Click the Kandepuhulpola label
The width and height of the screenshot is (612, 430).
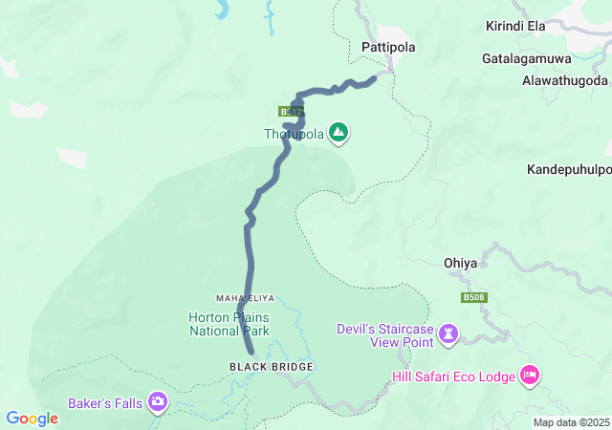point(569,170)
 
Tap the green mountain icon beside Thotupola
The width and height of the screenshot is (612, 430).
point(338,133)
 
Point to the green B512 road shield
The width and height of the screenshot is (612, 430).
point(292,112)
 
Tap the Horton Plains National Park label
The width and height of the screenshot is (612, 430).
point(229,324)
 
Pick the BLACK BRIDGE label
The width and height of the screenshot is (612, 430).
point(271,367)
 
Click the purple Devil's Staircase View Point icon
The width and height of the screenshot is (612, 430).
point(449,333)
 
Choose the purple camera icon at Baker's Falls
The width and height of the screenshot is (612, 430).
point(158,403)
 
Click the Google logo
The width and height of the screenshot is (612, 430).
point(33,419)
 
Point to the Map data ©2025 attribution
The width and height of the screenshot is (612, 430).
point(571,422)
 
